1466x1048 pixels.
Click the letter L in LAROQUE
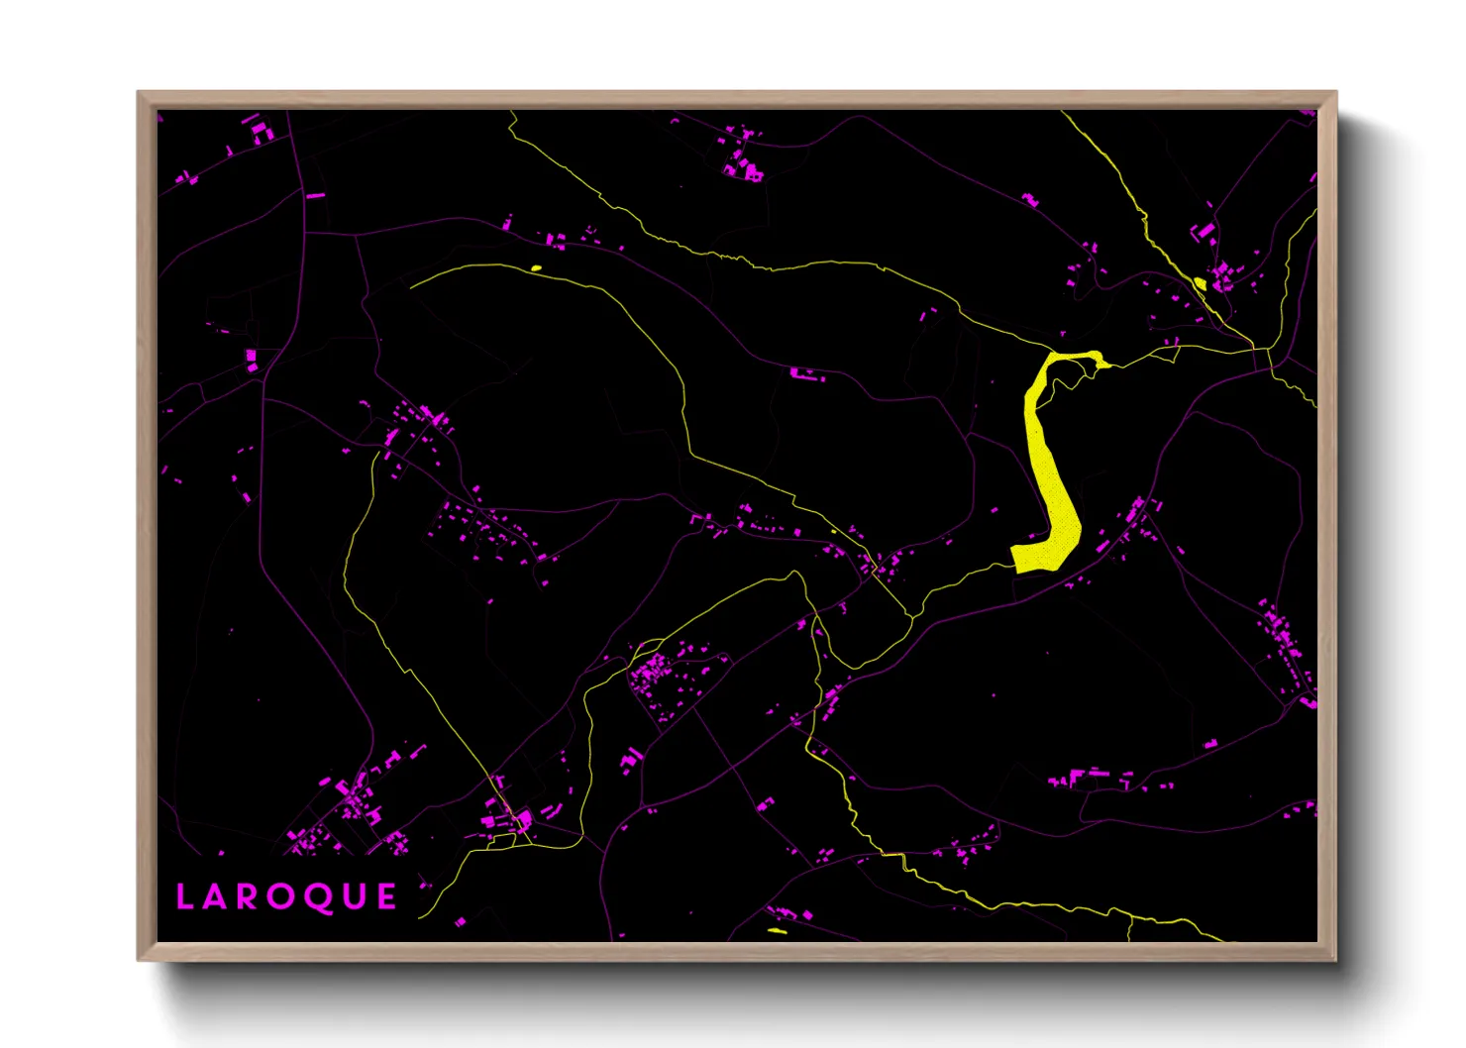click(x=184, y=897)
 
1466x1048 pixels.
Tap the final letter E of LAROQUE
click(x=386, y=897)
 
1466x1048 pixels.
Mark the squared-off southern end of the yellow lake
click(x=1030, y=558)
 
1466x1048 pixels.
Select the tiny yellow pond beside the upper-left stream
click(x=536, y=267)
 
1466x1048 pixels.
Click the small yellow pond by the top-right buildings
click(x=1201, y=285)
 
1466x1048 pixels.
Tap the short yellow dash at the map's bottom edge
click(x=778, y=931)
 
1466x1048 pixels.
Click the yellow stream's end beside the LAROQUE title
click(x=421, y=916)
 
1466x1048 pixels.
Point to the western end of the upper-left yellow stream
click(x=412, y=286)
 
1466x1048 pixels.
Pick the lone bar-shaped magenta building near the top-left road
click(x=315, y=196)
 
